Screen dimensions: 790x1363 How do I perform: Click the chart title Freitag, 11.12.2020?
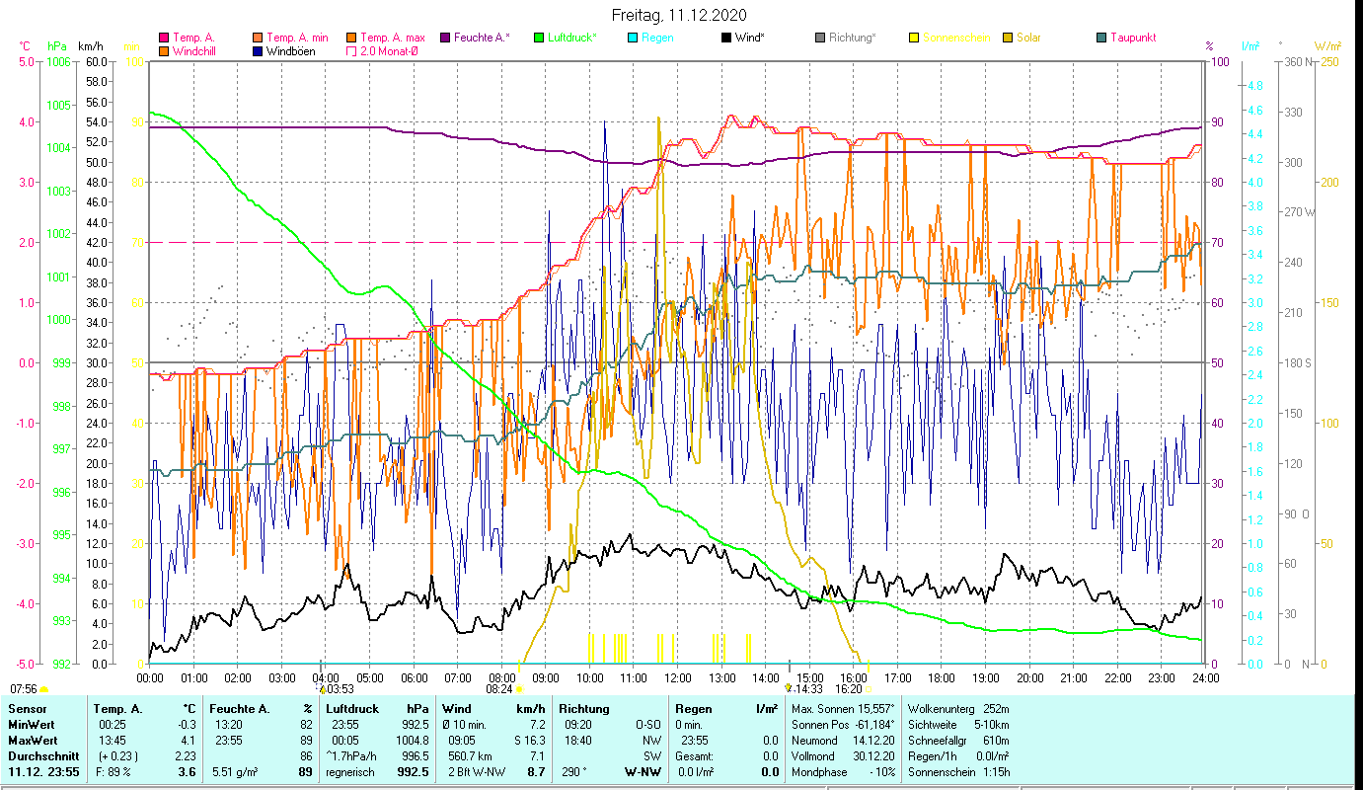point(679,15)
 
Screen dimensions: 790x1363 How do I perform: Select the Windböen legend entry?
point(290,51)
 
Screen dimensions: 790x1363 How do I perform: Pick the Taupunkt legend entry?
point(1132,38)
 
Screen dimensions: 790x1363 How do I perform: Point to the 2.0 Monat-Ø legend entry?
point(388,51)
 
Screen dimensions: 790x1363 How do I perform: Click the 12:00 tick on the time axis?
point(677,678)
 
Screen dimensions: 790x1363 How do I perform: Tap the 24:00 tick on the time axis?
point(1205,678)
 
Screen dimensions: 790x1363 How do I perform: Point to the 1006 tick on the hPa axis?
point(58,61)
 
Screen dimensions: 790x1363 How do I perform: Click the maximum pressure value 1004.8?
point(414,739)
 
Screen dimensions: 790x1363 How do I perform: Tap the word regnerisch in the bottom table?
point(350,772)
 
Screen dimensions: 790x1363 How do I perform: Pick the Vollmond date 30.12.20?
point(873,755)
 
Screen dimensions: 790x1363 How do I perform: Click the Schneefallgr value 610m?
point(990,740)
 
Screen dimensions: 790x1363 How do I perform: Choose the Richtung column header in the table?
point(585,709)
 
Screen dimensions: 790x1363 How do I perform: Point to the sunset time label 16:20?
point(849,689)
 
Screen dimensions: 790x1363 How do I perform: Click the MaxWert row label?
point(32,740)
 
